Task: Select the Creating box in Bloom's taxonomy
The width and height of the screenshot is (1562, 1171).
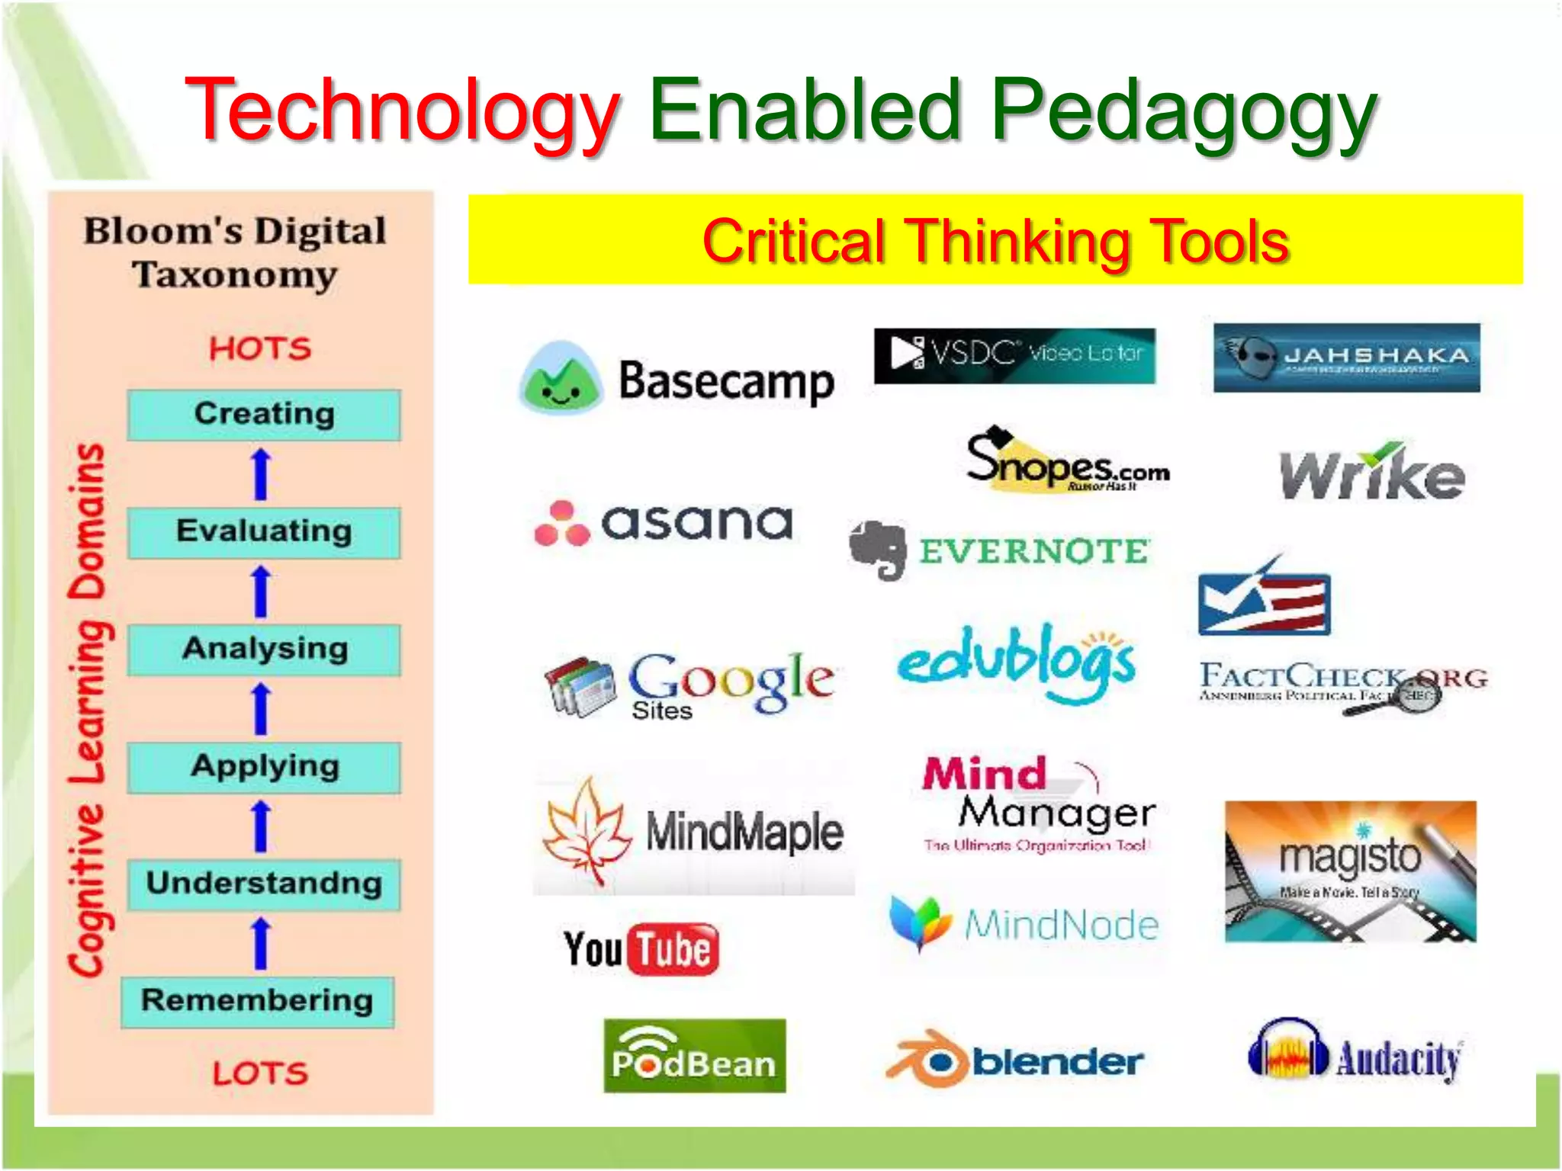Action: click(x=264, y=414)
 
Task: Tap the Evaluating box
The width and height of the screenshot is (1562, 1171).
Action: click(x=264, y=531)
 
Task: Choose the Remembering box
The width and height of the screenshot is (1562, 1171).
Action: click(x=258, y=1001)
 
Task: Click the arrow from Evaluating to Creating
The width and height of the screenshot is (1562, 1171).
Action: click(x=262, y=474)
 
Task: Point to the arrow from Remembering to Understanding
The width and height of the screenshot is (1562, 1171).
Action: click(x=262, y=944)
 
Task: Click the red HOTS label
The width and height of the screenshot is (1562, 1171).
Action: click(x=260, y=349)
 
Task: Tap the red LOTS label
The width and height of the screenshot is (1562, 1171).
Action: click(x=260, y=1073)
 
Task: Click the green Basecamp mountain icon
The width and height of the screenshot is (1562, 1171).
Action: click(x=561, y=377)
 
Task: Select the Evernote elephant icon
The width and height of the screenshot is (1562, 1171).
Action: click(x=879, y=549)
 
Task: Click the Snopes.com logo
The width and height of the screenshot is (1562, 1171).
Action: click(x=1066, y=461)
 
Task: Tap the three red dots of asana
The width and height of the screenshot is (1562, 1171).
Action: click(x=562, y=525)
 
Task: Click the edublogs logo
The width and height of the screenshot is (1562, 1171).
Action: click(x=1016, y=663)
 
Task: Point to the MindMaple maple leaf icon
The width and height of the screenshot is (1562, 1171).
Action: click(x=586, y=831)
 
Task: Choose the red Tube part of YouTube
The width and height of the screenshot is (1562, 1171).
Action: click(x=673, y=950)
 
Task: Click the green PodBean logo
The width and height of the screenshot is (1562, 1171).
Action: click(x=694, y=1056)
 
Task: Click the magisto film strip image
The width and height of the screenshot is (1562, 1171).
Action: click(x=1350, y=871)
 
